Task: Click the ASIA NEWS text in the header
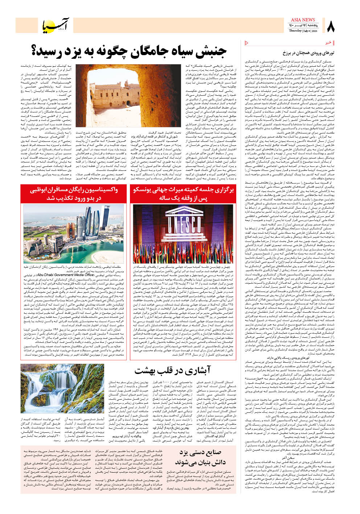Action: pyautogui.click(x=303, y=20)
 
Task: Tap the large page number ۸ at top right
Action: pyautogui.click(x=331, y=26)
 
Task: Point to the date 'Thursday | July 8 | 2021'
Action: pyautogui.click(x=303, y=31)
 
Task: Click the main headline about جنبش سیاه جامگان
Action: pyautogui.click(x=129, y=52)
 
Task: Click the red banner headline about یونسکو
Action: pyautogui.click(x=183, y=194)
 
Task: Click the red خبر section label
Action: pyautogui.click(x=328, y=43)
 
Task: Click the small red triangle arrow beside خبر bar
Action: pyautogui.click(x=247, y=43)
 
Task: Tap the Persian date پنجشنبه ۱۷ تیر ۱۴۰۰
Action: pyautogui.click(x=303, y=25)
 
